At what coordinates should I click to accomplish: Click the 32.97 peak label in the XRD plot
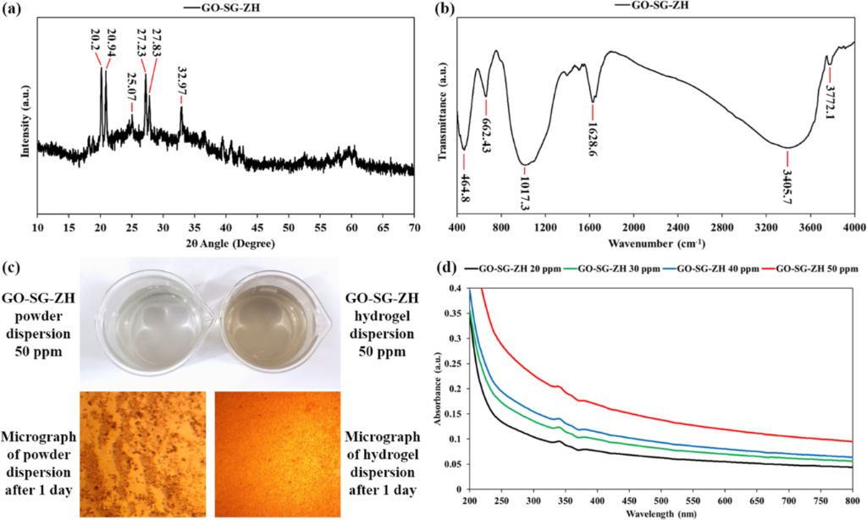182,81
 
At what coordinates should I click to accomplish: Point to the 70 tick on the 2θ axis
414,229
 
